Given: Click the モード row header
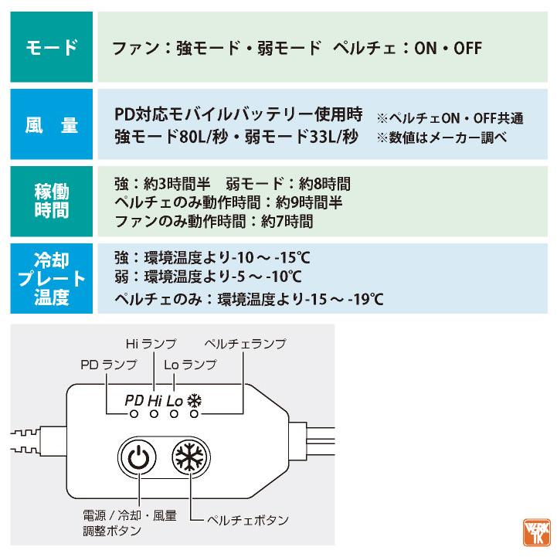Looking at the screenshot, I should [x=52, y=48].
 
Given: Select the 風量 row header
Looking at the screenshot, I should [x=52, y=125].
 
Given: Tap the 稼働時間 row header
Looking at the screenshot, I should [x=52, y=201].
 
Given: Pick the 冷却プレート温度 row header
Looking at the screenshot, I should [x=52, y=278].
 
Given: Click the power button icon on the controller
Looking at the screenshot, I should [x=137, y=458].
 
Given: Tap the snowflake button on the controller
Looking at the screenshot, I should [x=188, y=458].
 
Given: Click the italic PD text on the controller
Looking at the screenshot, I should [x=134, y=401].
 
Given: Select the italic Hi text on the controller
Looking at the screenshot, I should [x=155, y=401].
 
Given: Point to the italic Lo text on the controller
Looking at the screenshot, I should [x=175, y=401].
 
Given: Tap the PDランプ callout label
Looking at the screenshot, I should [x=108, y=364].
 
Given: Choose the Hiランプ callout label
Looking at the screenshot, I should [x=151, y=343].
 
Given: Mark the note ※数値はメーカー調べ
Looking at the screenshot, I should [x=441, y=138].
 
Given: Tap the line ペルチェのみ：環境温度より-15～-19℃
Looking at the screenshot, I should [x=249, y=298].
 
